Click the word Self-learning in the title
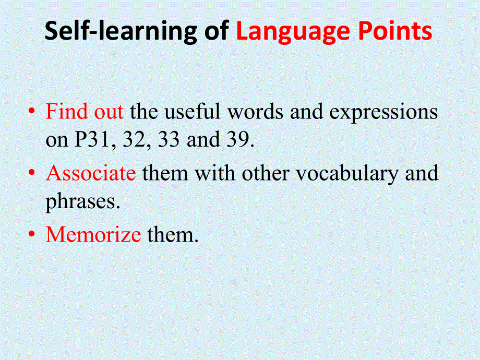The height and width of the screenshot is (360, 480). (121, 31)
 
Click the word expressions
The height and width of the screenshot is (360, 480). (383, 113)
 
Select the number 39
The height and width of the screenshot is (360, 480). (241, 140)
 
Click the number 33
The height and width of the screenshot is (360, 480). (169, 140)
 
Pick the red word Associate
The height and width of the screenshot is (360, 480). (91, 173)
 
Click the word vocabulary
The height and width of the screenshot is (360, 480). (347, 174)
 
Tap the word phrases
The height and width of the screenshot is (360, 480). (82, 202)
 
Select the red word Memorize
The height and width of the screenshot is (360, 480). (93, 234)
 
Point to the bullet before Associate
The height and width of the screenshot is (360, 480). (31, 173)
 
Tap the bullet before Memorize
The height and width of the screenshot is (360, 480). (31, 234)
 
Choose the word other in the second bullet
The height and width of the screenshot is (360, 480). (266, 173)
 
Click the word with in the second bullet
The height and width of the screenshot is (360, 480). (215, 173)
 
